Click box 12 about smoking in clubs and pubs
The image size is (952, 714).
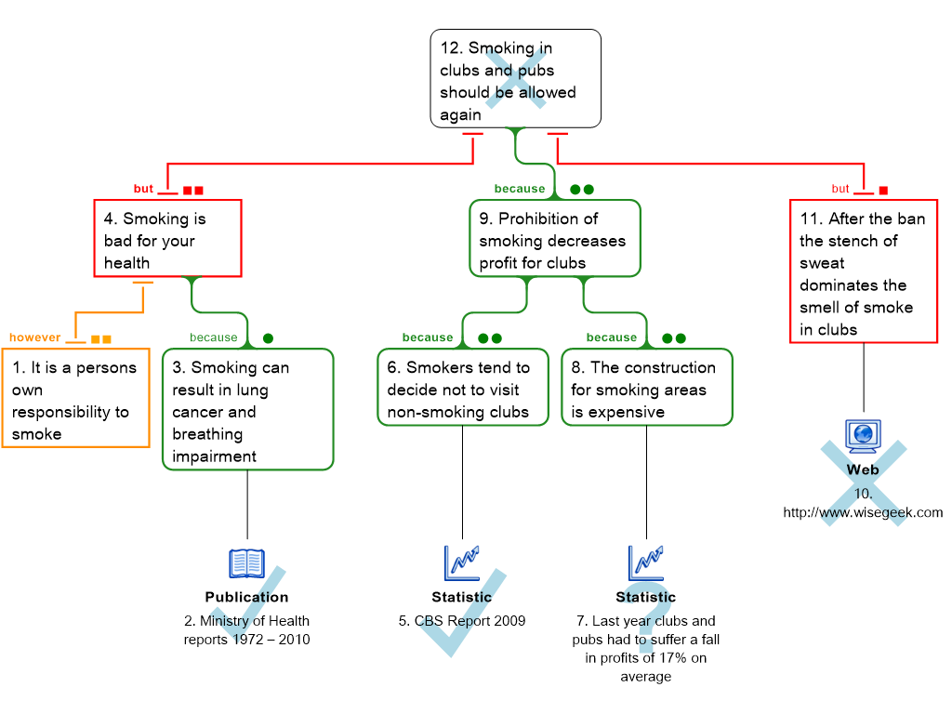[x=515, y=79]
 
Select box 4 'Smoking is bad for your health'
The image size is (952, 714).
[x=167, y=239]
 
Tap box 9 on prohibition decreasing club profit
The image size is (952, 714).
[x=554, y=239]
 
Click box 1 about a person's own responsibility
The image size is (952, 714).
[x=75, y=399]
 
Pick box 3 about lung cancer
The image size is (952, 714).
[x=247, y=410]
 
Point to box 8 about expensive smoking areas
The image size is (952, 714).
[x=646, y=388]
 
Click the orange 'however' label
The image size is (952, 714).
[x=34, y=337]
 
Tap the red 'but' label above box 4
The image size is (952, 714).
[x=143, y=189]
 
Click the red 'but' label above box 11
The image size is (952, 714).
[x=840, y=189]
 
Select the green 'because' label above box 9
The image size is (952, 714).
[x=520, y=189]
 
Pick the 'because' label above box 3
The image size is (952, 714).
[x=214, y=337]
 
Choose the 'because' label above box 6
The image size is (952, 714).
[x=428, y=337]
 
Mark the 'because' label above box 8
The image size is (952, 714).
[x=612, y=337]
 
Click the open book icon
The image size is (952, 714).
[x=246, y=562]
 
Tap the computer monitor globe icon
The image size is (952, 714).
[x=863, y=435]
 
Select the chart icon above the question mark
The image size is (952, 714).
[x=645, y=562]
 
